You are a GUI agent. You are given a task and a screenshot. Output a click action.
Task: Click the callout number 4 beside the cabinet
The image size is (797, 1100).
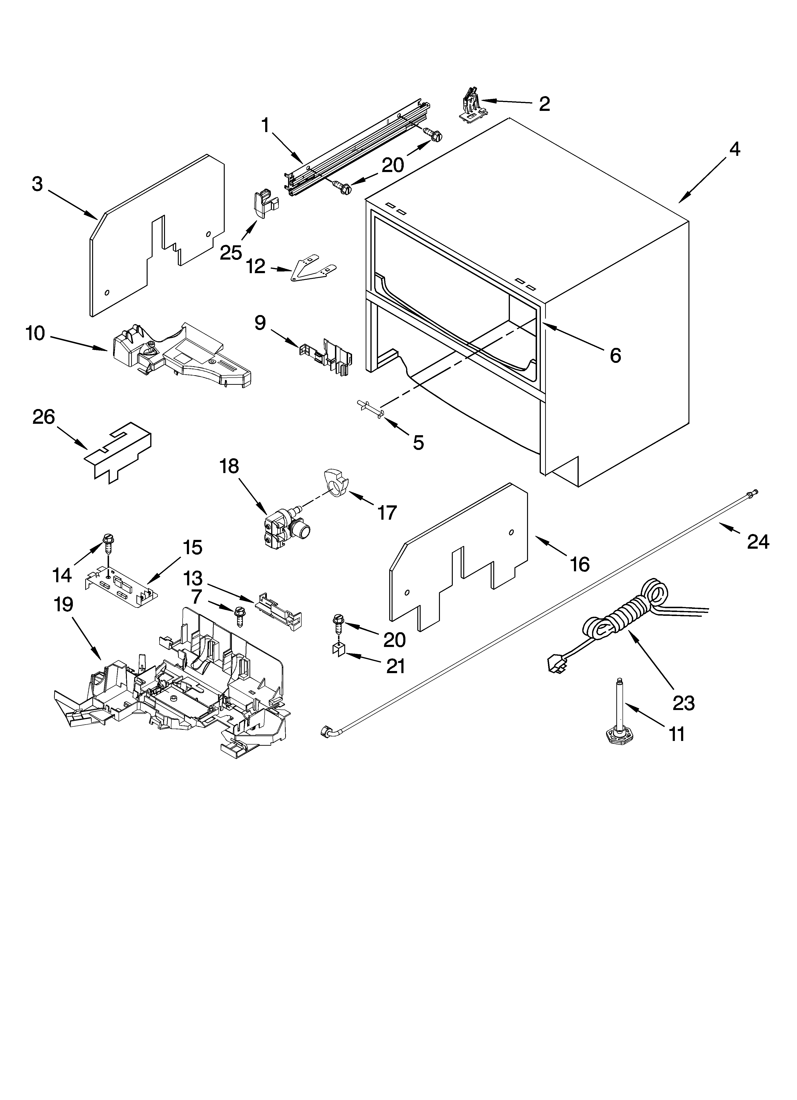pyautogui.click(x=735, y=149)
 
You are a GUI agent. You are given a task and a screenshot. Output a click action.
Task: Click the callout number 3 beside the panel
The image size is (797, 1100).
pyautogui.click(x=37, y=184)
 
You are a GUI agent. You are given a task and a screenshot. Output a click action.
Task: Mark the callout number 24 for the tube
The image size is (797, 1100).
pyautogui.click(x=758, y=541)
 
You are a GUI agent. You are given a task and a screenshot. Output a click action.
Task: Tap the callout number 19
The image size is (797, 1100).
pyautogui.click(x=64, y=605)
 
